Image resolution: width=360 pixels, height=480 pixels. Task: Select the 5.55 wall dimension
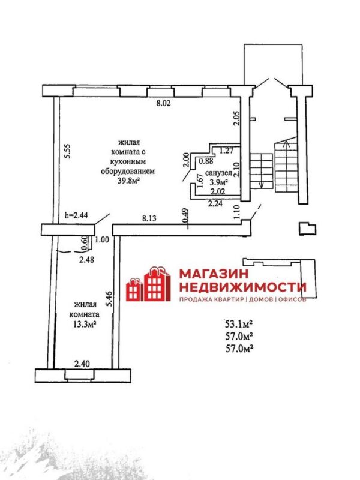click(x=68, y=151)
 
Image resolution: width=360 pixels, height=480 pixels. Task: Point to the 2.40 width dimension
click(x=82, y=362)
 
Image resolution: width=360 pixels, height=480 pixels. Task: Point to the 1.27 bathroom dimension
click(x=227, y=151)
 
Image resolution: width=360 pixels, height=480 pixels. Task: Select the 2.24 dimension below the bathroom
click(x=214, y=203)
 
